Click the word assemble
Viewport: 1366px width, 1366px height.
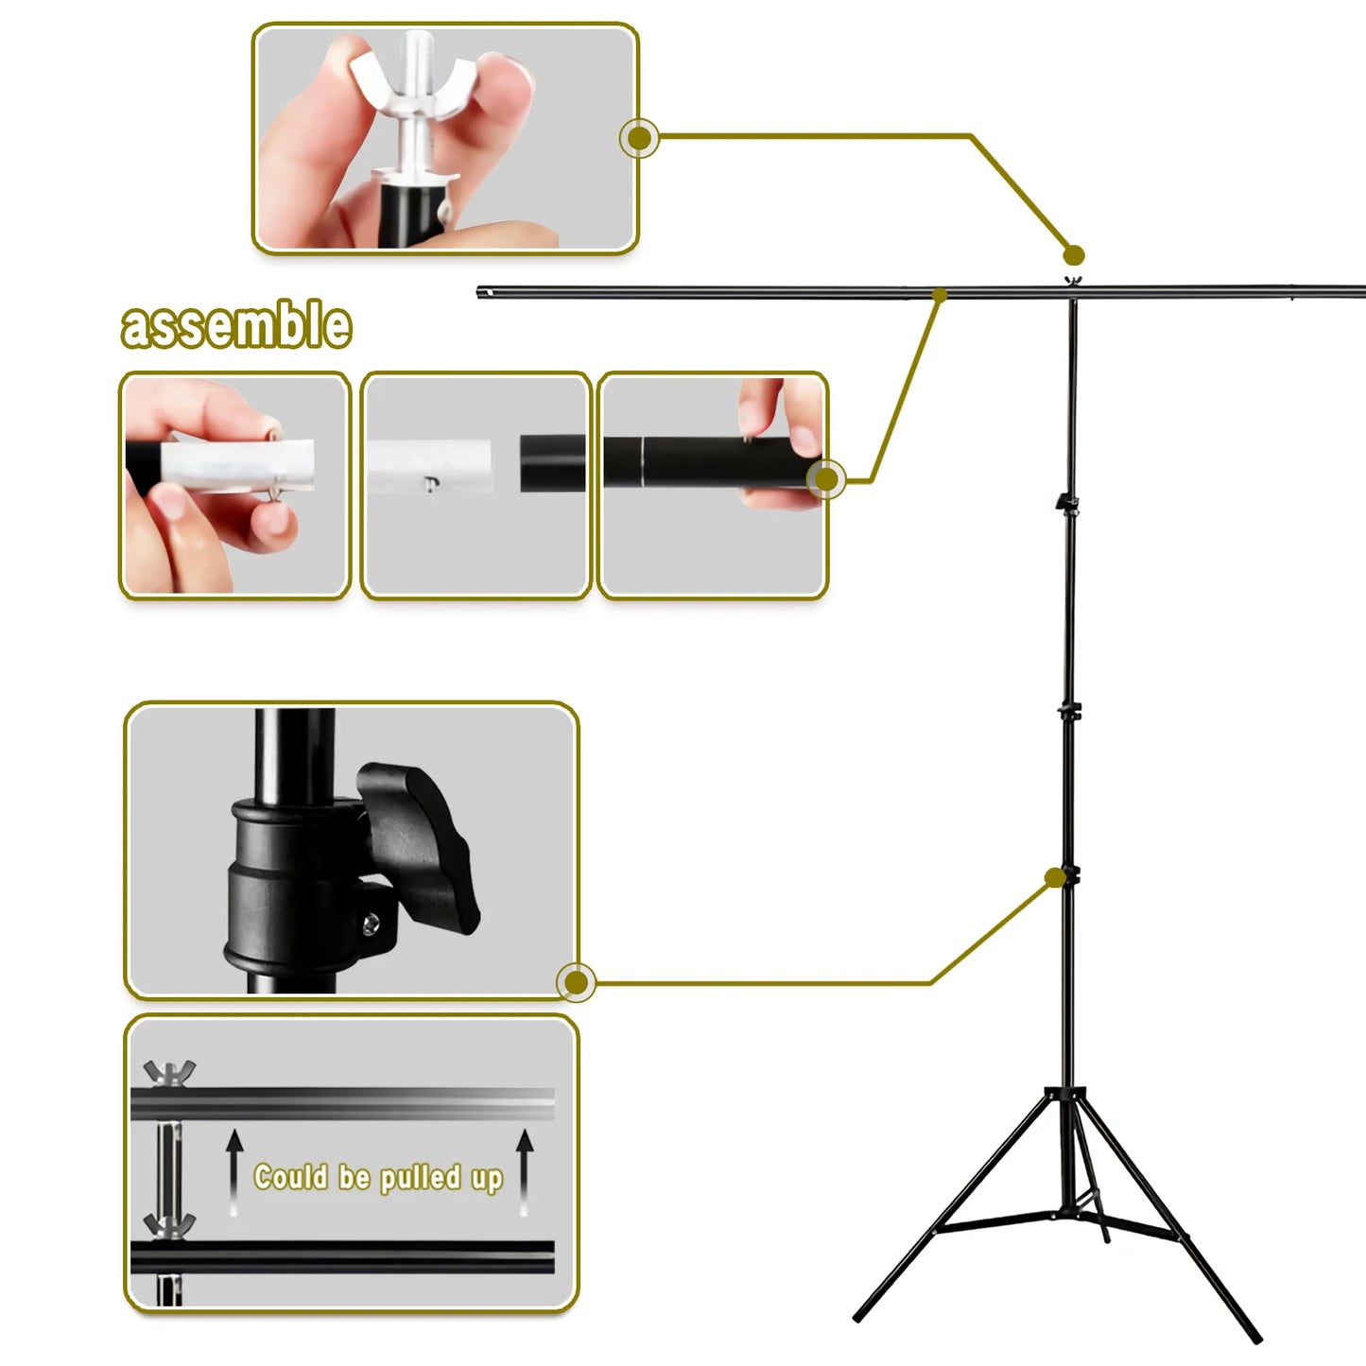coord(236,324)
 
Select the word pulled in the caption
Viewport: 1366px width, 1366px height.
coord(421,1178)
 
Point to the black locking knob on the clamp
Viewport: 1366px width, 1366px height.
coord(417,846)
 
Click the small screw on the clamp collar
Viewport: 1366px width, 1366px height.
coord(371,923)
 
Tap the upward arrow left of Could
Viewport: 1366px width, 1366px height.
coord(234,1172)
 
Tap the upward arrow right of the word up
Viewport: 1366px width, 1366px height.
coord(525,1172)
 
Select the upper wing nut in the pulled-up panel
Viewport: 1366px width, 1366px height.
coord(168,1073)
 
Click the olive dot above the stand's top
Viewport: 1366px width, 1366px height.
coord(1074,254)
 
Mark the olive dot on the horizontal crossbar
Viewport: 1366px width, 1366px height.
coord(940,294)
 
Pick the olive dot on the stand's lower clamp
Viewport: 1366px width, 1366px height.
coord(1056,877)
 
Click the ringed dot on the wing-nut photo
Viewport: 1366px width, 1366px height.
coord(639,138)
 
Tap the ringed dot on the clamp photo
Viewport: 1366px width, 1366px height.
coord(577,982)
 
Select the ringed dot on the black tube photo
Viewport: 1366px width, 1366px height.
coord(826,480)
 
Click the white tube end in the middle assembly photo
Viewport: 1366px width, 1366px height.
coord(429,465)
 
